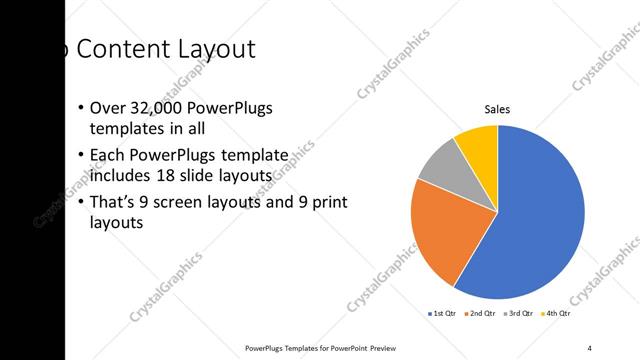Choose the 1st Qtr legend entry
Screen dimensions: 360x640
point(443,314)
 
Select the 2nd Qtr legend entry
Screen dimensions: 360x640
point(482,314)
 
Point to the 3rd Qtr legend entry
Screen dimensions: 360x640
point(520,314)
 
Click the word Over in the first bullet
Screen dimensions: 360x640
point(106,109)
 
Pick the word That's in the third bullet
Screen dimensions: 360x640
point(113,203)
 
